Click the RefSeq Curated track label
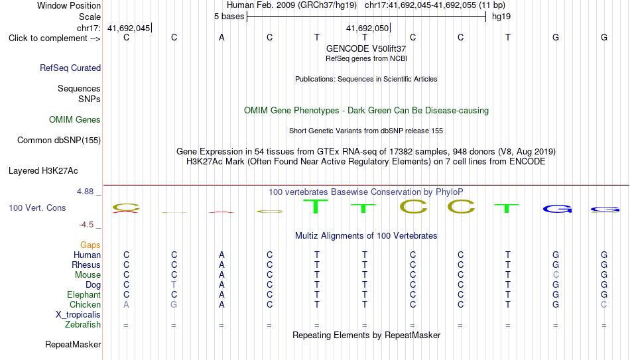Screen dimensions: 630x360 tap(70, 68)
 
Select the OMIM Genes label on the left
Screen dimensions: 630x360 tap(75, 120)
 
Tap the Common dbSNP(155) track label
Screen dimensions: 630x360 tap(59, 141)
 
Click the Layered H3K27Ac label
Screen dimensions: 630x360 tap(43, 171)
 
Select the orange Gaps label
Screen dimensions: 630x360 tap(90, 245)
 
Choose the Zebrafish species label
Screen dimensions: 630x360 tap(83, 325)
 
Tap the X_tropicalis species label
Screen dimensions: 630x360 tap(78, 315)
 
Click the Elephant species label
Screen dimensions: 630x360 tap(84, 295)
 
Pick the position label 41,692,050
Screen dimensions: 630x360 tap(367, 29)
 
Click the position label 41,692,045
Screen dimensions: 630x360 tap(129, 29)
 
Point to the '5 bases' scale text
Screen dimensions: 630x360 tap(229, 17)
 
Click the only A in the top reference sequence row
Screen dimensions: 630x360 tap(221, 38)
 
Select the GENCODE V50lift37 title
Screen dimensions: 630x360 tap(366, 48)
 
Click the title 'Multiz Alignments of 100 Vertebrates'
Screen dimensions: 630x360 tap(366, 236)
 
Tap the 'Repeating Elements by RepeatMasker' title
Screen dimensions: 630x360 tap(367, 335)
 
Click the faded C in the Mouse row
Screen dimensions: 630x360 tap(556, 275)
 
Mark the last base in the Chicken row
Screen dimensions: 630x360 tap(603, 304)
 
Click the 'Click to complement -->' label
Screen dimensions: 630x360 tap(54, 38)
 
